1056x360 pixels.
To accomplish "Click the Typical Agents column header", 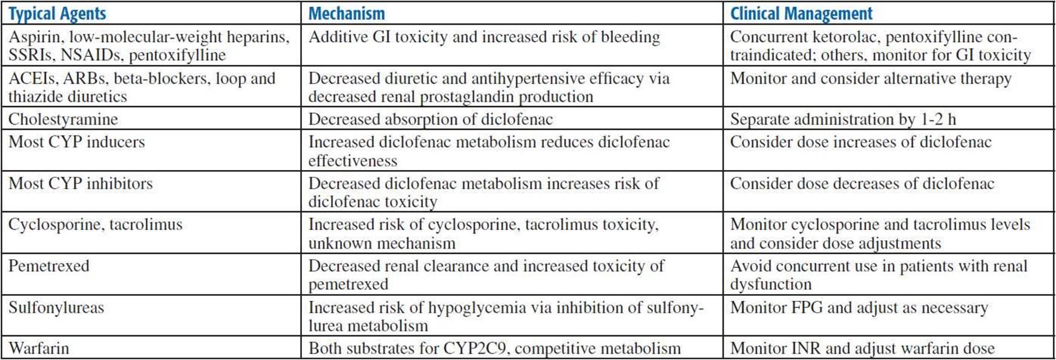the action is coord(57,13).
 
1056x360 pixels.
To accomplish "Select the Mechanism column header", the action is coord(346,13).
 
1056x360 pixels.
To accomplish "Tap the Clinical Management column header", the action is coord(801,13).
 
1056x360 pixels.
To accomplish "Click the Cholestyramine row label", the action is coord(63,119).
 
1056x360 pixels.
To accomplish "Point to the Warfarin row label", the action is coord(39,349).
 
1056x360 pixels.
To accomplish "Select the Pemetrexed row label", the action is coord(48,266).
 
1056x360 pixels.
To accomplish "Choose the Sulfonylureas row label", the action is coord(56,308).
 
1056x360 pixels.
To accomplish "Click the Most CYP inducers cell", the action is coord(77,142).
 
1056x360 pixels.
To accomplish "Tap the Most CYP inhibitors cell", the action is coord(80,183).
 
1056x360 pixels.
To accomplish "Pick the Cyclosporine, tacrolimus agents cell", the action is coord(95,225).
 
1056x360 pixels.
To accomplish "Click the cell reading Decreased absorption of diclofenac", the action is coord(430,119).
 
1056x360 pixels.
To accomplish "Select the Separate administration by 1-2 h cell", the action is coord(843,119).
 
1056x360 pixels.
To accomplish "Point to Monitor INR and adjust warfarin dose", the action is coord(862,349).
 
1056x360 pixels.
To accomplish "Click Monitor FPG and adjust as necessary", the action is coord(859,308).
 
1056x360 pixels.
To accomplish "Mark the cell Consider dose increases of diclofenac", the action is coord(861,142).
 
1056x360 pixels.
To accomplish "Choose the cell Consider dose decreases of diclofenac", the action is coord(862,183).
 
